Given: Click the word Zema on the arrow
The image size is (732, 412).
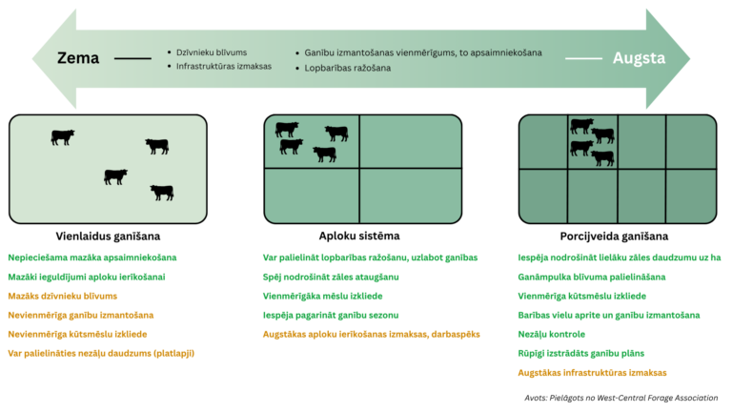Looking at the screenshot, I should pyautogui.click(x=79, y=58).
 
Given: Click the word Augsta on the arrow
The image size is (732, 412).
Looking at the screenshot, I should pyautogui.click(x=640, y=58).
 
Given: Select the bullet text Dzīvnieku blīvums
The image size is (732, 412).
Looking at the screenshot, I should pyautogui.click(x=212, y=52).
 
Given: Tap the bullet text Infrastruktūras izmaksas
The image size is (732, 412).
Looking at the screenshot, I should pyautogui.click(x=224, y=67).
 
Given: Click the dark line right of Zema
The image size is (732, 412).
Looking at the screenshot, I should pyautogui.click(x=132, y=58).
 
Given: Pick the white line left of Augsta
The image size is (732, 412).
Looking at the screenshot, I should pyautogui.click(x=583, y=58).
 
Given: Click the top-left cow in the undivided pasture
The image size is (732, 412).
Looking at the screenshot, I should pyautogui.click(x=63, y=137).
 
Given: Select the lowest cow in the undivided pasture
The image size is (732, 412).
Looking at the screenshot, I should pyautogui.click(x=162, y=193).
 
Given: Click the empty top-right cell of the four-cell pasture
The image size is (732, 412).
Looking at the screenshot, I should pyautogui.click(x=411, y=140).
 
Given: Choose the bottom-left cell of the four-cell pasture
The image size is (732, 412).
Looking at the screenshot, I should pyautogui.click(x=311, y=195).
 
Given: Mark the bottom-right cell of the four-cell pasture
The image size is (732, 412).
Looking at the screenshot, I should pyautogui.click(x=411, y=195).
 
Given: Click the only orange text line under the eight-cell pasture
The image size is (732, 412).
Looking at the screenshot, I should pyautogui.click(x=592, y=373).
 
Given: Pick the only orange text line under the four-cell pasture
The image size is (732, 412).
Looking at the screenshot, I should pyautogui.click(x=371, y=335).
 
